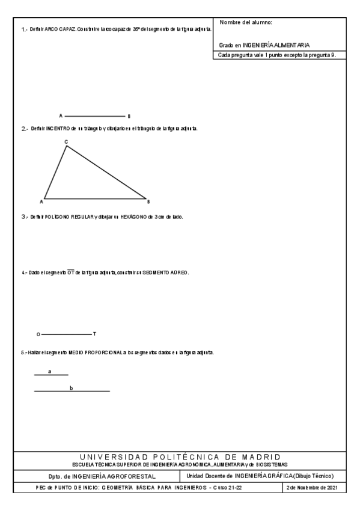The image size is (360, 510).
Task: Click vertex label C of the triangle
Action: click(66, 141)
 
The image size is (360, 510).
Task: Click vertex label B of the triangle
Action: click(148, 201)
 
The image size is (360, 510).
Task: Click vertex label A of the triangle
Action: click(41, 201)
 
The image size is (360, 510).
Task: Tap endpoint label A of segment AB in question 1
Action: click(61, 115)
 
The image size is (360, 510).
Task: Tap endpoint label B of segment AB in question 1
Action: click(129, 115)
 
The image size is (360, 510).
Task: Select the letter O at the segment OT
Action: click(38, 333)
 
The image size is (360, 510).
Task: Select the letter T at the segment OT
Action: click(94, 333)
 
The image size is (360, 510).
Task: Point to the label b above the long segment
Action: click(72, 388)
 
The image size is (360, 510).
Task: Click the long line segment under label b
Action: click(72, 392)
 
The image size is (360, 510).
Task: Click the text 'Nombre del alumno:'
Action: click(246, 22)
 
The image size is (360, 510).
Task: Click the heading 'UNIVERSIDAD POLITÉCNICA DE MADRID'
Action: click(180, 458)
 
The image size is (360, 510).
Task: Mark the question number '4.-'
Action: click(23, 272)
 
